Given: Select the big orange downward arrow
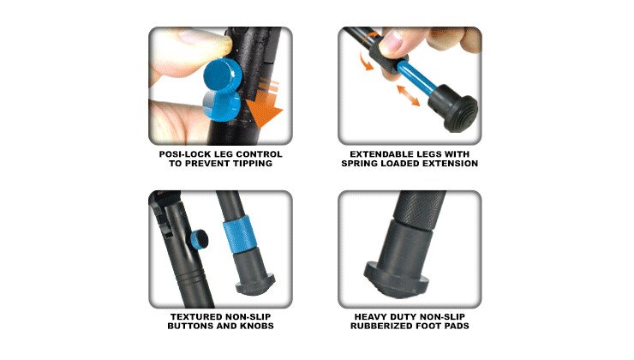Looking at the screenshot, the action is coord(265,105).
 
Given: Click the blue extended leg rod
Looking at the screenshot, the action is coord(416,79).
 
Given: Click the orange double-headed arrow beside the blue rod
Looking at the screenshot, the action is coord(408,95).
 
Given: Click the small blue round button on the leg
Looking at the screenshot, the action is coord(199,238).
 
